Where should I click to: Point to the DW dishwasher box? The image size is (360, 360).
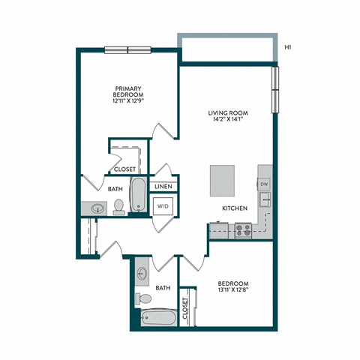[x=264, y=184]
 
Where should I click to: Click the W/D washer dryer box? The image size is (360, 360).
[x=163, y=205]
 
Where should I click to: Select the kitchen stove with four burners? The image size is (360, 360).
[x=243, y=230]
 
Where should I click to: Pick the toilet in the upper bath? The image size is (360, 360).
[x=118, y=207]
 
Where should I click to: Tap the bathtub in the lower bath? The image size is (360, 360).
[x=159, y=319]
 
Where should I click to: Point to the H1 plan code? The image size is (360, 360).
[x=289, y=49]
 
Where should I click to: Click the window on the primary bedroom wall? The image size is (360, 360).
[x=128, y=50]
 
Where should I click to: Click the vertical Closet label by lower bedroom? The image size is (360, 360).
[x=185, y=309]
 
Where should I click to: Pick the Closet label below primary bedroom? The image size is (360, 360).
[x=124, y=169]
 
